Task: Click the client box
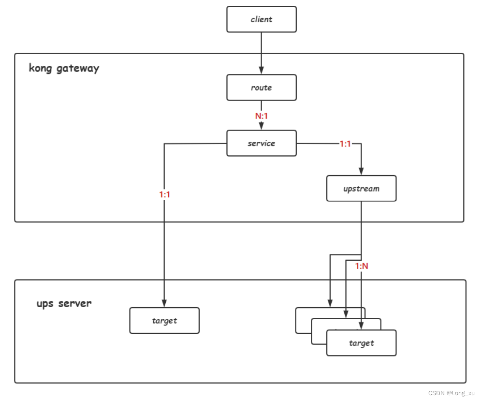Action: (262, 19)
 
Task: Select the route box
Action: (262, 88)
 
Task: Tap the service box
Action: (262, 143)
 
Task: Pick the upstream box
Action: (361, 189)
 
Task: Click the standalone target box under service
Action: (164, 321)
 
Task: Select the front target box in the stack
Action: (361, 343)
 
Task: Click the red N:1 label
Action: (262, 116)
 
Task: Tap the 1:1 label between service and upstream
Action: (345, 144)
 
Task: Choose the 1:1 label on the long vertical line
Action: (164, 194)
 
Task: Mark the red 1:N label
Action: (362, 266)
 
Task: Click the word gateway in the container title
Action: (78, 68)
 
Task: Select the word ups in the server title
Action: (45, 304)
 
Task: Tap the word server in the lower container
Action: (75, 304)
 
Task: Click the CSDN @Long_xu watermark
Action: (452, 393)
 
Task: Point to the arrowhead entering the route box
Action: (262, 71)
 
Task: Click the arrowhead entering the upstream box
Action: (361, 172)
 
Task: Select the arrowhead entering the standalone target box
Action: (164, 304)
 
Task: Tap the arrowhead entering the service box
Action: (262, 127)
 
